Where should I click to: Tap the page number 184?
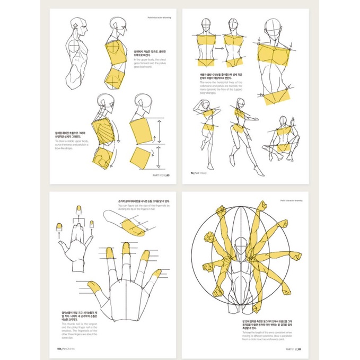[54, 349]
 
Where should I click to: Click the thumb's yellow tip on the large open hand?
[96, 288]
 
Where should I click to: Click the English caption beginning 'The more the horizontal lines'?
[221, 86]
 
